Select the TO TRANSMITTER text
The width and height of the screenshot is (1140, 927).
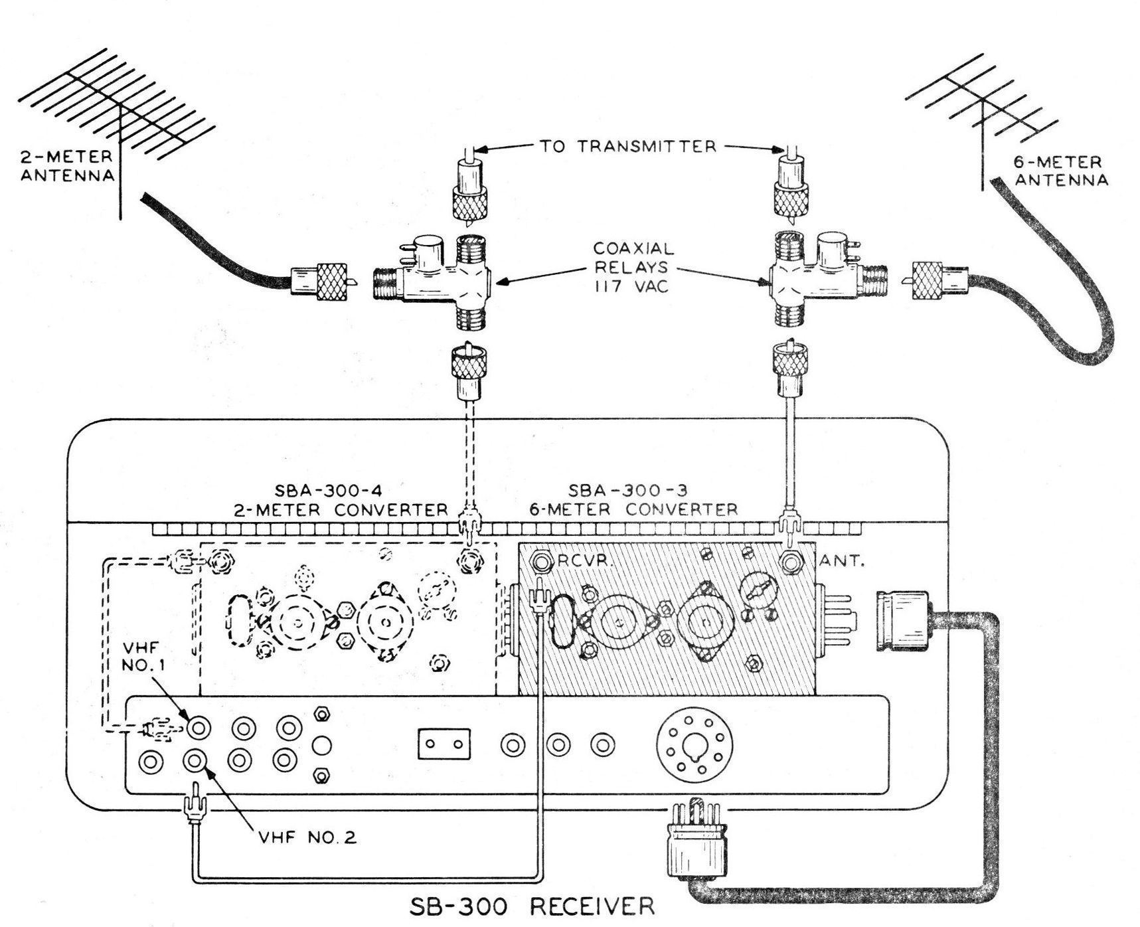pos(627,146)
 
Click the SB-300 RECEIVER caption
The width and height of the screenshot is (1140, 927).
pos(531,906)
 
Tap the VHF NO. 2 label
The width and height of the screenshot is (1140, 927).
pos(307,837)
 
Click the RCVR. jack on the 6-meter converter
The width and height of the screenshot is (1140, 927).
pos(540,562)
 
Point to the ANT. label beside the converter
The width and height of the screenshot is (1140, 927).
pos(842,561)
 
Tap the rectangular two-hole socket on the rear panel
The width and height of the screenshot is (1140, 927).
pos(444,744)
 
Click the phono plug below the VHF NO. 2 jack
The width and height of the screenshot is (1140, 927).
pos(196,804)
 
